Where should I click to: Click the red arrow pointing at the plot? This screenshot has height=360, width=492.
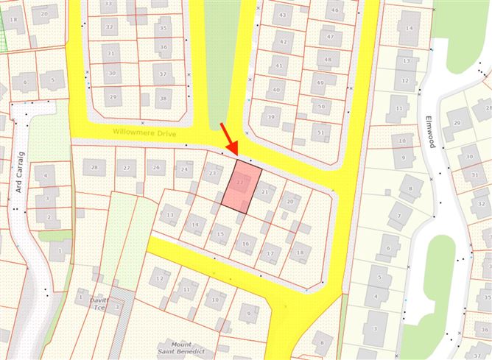(228, 140)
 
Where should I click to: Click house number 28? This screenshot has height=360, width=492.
(94, 168)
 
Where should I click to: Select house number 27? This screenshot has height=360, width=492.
(126, 168)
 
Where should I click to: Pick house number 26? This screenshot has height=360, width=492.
(155, 168)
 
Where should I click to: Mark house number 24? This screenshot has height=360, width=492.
(185, 170)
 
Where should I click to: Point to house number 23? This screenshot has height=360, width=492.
(213, 174)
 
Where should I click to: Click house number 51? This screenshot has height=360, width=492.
(320, 133)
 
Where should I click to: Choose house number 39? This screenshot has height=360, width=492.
(272, 117)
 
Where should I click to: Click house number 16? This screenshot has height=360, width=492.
(246, 243)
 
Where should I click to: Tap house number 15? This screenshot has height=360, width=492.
(219, 235)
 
